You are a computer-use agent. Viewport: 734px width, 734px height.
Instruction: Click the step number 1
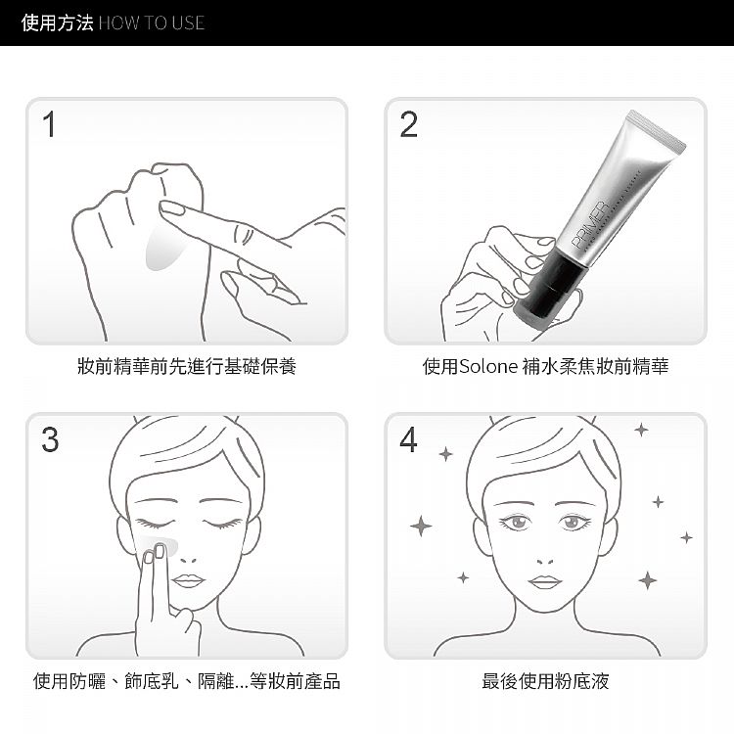pyautogui.click(x=50, y=124)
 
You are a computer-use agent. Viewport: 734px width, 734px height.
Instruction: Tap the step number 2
pyautogui.click(x=409, y=124)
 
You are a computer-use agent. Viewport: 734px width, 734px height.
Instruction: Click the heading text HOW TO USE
pyautogui.click(x=152, y=23)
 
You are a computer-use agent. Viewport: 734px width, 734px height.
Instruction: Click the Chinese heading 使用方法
pyautogui.click(x=57, y=23)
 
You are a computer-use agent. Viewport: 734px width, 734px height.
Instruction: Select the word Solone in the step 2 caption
pyautogui.click(x=489, y=366)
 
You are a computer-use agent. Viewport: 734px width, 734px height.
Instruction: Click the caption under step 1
pyautogui.click(x=186, y=366)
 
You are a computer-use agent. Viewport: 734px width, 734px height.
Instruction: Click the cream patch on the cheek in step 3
pyautogui.click(x=160, y=544)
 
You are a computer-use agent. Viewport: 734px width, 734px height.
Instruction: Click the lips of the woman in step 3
pyautogui.click(x=187, y=580)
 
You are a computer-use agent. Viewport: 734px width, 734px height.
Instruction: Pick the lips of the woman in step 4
pyautogui.click(x=545, y=581)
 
